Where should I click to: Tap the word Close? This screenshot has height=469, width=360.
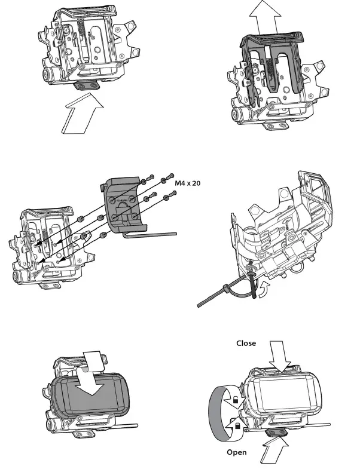click(x=246, y=344)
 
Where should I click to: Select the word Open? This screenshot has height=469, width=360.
click(x=237, y=452)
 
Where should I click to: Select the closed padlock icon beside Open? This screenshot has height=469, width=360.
click(x=238, y=425)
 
